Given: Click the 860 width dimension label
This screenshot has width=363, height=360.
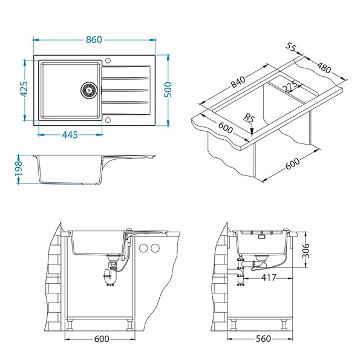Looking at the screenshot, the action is click(94, 40).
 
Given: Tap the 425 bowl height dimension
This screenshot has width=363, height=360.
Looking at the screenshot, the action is click(24, 89).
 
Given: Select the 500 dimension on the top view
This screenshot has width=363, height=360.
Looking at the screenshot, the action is click(168, 90).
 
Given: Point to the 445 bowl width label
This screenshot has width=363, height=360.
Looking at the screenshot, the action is click(70, 134).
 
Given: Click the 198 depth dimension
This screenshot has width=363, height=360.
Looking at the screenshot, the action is click(18, 168).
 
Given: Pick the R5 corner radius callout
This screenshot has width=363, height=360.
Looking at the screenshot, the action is click(249, 118).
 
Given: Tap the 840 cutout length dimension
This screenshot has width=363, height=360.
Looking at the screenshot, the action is click(238, 82).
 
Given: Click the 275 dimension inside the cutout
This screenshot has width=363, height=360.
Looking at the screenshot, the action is click(290, 86).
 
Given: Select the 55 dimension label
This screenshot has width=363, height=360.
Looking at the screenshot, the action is click(291, 47).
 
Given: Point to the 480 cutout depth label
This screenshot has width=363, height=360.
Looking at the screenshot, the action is click(324, 68).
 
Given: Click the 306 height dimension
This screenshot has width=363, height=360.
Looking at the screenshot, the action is click(306, 250).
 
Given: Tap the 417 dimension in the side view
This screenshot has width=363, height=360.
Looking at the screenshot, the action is click(269, 277).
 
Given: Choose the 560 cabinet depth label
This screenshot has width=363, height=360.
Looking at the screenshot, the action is click(263, 339).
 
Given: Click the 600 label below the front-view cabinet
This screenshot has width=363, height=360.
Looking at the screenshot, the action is click(102, 339).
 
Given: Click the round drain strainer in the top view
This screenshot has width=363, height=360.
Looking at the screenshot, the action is click(88, 90).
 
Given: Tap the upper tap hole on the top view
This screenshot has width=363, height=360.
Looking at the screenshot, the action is click(108, 61).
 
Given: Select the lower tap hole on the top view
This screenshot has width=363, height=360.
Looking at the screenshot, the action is click(108, 120).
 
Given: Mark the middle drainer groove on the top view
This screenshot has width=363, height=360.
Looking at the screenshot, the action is click(125, 90).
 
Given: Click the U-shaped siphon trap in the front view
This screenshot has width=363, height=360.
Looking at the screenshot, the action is click(110, 277).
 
